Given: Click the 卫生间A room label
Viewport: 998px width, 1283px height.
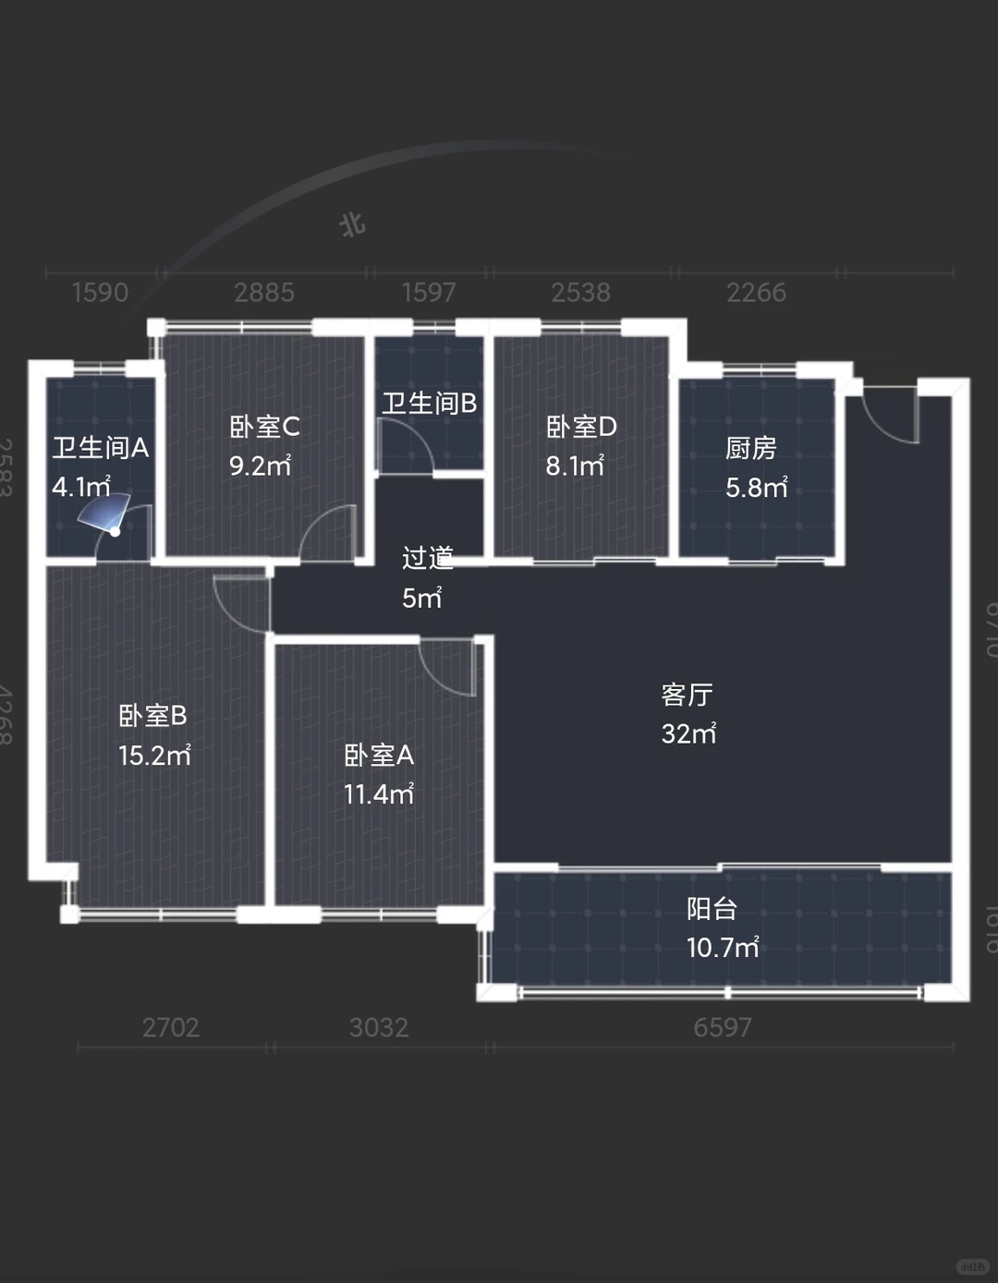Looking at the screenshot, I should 100,448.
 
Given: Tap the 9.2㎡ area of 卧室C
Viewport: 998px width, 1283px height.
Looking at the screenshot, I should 260,466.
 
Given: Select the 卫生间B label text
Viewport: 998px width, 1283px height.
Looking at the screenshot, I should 429,404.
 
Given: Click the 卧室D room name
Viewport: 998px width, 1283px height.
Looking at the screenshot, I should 580,427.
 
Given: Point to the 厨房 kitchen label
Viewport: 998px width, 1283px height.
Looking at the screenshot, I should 750,448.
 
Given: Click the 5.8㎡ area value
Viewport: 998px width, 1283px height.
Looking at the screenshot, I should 756,487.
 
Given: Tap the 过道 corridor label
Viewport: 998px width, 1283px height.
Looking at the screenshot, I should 427,558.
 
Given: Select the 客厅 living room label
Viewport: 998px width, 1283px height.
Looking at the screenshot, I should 687,695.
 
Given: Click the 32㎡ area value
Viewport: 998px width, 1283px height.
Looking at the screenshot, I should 688,733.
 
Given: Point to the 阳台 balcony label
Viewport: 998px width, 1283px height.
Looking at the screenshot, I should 712,909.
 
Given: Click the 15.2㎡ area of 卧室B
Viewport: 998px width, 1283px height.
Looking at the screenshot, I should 154,756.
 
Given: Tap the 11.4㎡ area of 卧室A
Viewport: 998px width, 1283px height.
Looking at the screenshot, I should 379,794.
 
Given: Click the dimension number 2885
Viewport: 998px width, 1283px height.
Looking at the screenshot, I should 263,293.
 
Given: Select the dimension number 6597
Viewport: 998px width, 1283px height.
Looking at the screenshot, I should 723,1027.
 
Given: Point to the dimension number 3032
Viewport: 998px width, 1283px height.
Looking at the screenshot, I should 379,1027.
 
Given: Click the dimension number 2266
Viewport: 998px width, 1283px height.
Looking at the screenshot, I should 756,293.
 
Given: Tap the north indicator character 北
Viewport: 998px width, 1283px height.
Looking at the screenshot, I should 353,224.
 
